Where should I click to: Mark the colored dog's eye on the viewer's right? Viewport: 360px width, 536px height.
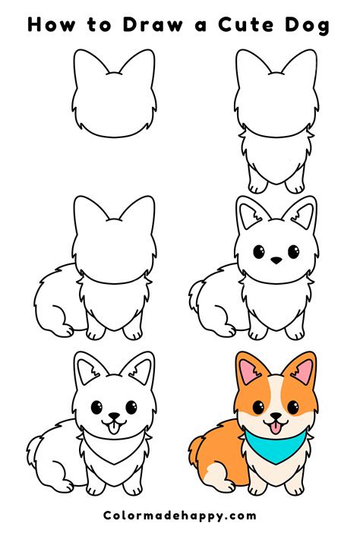[x=292, y=408]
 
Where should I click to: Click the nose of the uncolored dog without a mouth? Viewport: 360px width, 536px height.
[x=276, y=260]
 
